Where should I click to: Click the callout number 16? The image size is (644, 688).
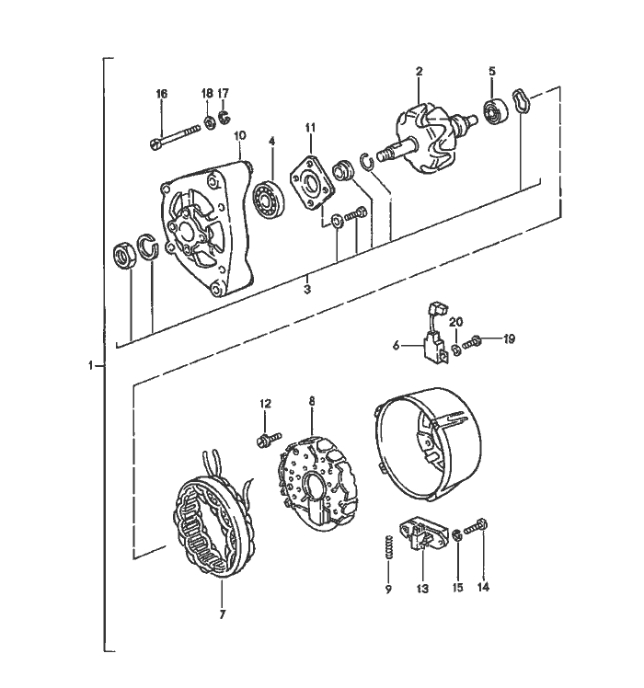162,94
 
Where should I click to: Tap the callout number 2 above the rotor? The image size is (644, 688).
419,72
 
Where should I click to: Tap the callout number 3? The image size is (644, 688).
307,288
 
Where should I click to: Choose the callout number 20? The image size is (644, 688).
455,321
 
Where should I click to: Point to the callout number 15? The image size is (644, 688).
456,587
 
